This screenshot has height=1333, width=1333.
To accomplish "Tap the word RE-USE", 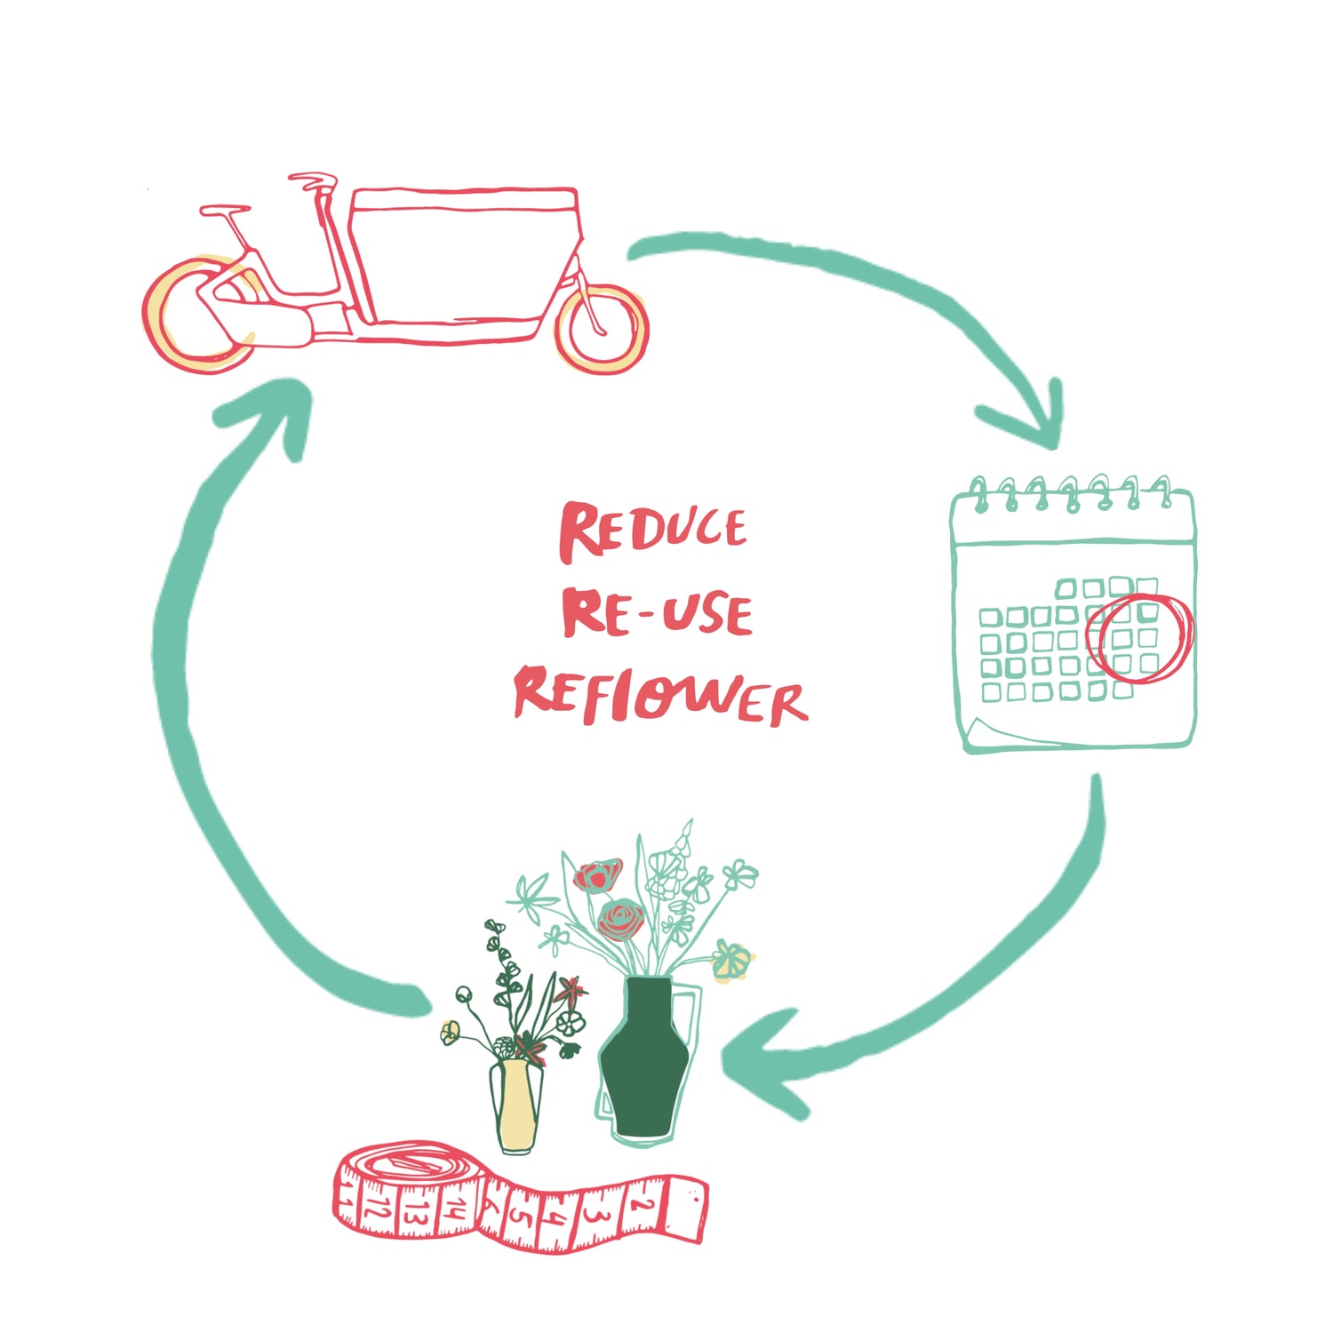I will click(658, 613).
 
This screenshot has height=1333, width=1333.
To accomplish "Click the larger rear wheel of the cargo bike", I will click(197, 315).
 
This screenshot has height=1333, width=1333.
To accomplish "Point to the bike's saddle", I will click(224, 211).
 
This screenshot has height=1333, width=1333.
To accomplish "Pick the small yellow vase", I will click(517, 1106).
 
